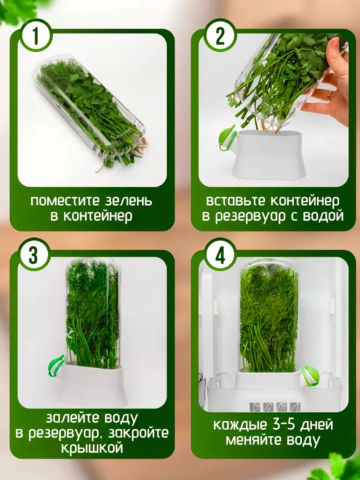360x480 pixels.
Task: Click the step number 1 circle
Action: click(x=36, y=35)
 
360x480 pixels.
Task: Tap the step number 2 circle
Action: click(x=220, y=35)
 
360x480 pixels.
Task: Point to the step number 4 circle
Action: click(x=220, y=255)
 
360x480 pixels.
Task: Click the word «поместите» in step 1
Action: click(x=65, y=201)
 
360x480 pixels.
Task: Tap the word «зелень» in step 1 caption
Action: click(x=129, y=201)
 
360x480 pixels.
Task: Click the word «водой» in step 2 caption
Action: click(x=323, y=216)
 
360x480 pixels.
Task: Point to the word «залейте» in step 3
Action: click(x=73, y=418)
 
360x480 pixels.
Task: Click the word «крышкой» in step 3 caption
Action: click(x=92, y=448)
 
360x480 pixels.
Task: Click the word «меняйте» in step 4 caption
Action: click(x=252, y=440)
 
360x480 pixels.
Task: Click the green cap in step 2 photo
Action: click(x=227, y=138)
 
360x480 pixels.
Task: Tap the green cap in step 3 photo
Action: click(x=56, y=365)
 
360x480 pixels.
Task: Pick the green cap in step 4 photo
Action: click(x=310, y=375)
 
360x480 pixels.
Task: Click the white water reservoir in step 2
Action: click(x=268, y=155)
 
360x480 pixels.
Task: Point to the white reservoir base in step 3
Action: click(x=91, y=383)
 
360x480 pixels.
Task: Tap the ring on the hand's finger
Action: click(x=330, y=96)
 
